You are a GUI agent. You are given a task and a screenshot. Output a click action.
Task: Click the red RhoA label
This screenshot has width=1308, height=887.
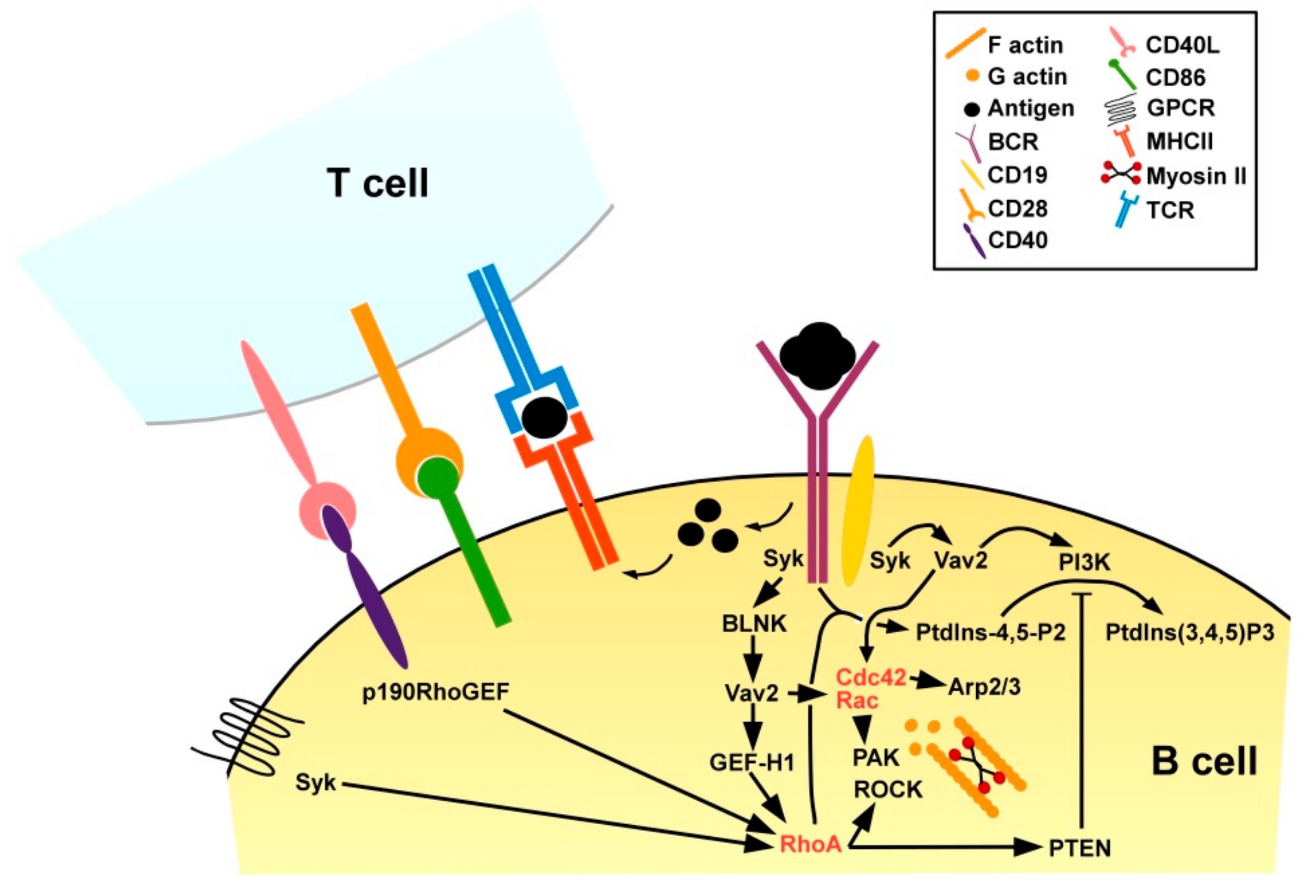(810, 844)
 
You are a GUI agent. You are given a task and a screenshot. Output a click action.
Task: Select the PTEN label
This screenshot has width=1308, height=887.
(1079, 848)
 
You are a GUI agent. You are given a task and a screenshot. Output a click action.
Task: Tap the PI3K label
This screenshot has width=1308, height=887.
(1084, 562)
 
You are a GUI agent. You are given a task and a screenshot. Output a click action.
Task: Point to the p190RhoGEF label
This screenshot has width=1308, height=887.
(436, 692)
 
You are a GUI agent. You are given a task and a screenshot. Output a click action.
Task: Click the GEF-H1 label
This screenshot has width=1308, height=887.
(751, 763)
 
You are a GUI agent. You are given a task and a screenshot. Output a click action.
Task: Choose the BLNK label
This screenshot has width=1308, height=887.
(754, 624)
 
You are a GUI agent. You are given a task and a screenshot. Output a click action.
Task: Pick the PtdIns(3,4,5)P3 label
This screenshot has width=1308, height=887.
(1189, 633)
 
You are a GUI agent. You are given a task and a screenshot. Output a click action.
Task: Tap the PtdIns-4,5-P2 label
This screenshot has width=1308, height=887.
(990, 633)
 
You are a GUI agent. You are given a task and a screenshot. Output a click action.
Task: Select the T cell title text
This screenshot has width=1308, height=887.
(378, 183)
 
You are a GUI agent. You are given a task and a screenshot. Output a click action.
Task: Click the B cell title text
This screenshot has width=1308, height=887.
(1203, 761)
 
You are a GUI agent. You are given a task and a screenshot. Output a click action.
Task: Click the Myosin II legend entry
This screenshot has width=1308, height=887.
(1196, 176)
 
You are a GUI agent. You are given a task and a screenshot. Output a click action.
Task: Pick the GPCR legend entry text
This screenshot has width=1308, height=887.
(1180, 107)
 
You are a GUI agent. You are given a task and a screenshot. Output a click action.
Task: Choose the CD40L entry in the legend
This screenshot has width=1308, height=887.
(1182, 45)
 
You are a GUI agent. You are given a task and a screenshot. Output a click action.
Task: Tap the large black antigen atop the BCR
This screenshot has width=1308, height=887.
(817, 356)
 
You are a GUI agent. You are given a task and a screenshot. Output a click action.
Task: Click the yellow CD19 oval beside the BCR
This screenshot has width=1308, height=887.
(857, 510)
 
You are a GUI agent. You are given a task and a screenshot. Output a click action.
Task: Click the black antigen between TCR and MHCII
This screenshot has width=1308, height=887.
(544, 417)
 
